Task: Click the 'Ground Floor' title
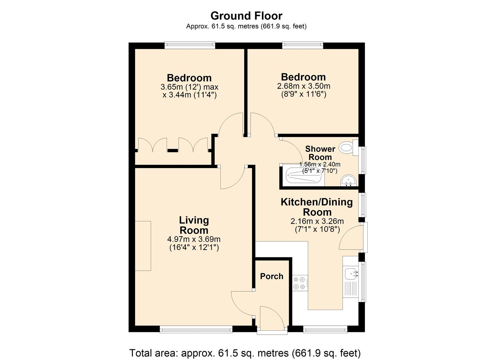(x=246, y=16)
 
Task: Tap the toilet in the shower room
(x=347, y=148)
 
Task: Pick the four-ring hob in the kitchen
(x=299, y=283)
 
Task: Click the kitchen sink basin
(x=350, y=273)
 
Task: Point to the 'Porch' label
(x=272, y=276)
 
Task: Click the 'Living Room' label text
(x=194, y=225)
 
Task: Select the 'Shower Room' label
(x=320, y=153)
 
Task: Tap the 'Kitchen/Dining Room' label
(x=317, y=207)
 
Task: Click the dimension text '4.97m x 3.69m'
(x=194, y=239)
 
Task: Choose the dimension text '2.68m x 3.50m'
(x=303, y=86)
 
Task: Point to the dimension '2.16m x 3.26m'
(x=317, y=221)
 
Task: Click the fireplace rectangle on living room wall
(x=143, y=246)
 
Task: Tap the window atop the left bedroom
(x=190, y=45)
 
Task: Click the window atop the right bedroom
(x=302, y=45)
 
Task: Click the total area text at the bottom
(x=245, y=353)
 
